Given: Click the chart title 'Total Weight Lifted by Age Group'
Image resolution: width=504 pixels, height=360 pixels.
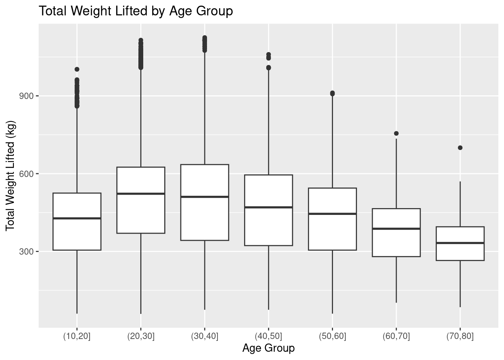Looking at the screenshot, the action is (x=136, y=11).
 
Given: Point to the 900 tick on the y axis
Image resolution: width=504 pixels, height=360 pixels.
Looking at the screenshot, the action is (x=37, y=96).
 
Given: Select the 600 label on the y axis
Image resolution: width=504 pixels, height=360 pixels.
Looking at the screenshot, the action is (x=26, y=174).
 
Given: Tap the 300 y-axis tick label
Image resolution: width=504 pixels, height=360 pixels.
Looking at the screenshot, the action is (x=26, y=252).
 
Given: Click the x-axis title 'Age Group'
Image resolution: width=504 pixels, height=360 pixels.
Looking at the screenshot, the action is (x=268, y=348).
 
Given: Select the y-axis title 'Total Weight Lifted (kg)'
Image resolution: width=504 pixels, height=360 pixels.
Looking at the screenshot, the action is (x=10, y=176).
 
